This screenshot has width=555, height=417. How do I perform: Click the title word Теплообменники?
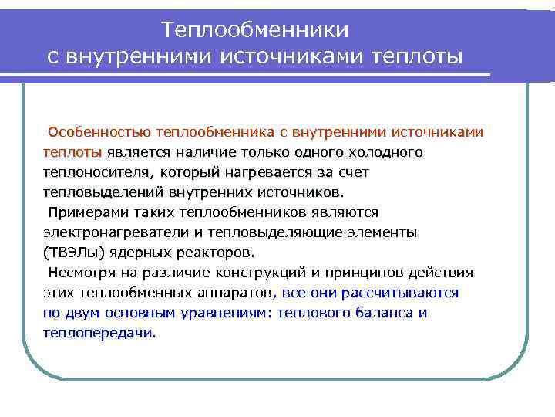[255, 29]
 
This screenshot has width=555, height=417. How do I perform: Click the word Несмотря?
[82, 273]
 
